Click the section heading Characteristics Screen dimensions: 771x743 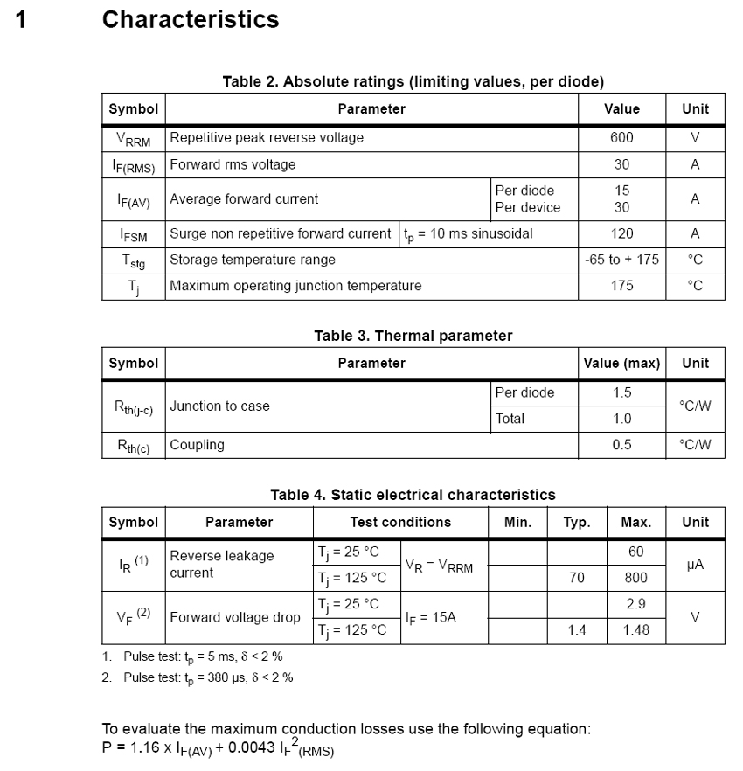(x=191, y=19)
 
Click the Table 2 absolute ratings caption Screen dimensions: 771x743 (x=413, y=82)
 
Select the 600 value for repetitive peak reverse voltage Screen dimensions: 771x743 (x=622, y=137)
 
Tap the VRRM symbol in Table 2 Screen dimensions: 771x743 (x=134, y=138)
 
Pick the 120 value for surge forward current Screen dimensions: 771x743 (x=622, y=233)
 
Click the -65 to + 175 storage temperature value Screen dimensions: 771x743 (x=622, y=260)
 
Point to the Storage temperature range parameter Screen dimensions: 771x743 (x=253, y=260)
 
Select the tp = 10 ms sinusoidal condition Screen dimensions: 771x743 (x=469, y=233)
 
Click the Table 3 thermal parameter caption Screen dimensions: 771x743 (x=413, y=336)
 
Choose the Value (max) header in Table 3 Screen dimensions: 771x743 (x=622, y=363)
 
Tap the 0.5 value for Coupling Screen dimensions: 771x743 (x=622, y=445)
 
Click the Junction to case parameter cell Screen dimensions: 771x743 (x=220, y=406)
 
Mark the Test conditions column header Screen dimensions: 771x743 (x=400, y=522)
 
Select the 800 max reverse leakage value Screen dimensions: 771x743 (x=636, y=578)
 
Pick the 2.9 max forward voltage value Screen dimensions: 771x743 (x=636, y=604)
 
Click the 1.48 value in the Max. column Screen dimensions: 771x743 (x=636, y=630)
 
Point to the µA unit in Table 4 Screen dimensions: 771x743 (x=696, y=565)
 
